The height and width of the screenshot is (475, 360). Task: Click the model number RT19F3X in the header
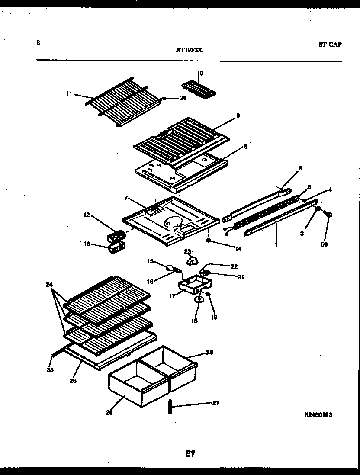(189, 50)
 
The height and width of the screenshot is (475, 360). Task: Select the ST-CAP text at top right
(330, 44)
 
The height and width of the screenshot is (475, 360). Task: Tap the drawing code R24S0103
(318, 414)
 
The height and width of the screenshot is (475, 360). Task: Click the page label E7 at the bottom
(190, 454)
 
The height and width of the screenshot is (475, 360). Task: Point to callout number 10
(200, 74)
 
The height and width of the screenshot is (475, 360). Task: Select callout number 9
(238, 116)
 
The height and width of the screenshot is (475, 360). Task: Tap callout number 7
(125, 198)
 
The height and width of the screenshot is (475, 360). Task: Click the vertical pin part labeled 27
(170, 408)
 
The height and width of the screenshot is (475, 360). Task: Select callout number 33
(50, 370)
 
